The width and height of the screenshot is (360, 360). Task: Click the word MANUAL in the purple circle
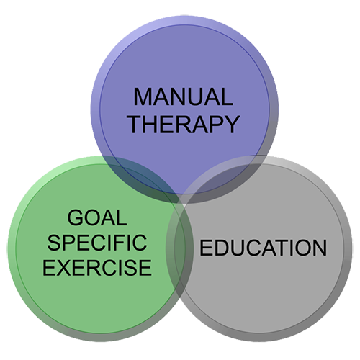(x=183, y=96)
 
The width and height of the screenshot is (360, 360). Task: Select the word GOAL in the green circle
(x=97, y=217)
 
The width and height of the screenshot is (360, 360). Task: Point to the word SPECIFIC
(x=97, y=243)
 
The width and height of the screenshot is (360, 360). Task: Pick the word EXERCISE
(x=97, y=267)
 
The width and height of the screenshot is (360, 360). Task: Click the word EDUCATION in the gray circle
(x=264, y=248)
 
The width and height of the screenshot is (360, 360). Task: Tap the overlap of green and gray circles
(x=179, y=247)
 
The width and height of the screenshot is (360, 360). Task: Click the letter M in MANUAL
(x=143, y=96)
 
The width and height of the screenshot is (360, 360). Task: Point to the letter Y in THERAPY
(x=232, y=124)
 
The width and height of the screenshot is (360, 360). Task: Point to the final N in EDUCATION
(x=320, y=248)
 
